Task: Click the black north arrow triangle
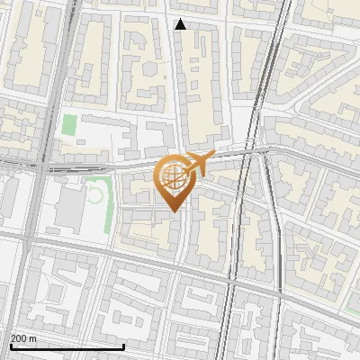181,24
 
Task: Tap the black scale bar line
67,346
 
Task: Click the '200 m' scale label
24,338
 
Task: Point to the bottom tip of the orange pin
173,211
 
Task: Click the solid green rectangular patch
69,125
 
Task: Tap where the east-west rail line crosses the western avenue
40,165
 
